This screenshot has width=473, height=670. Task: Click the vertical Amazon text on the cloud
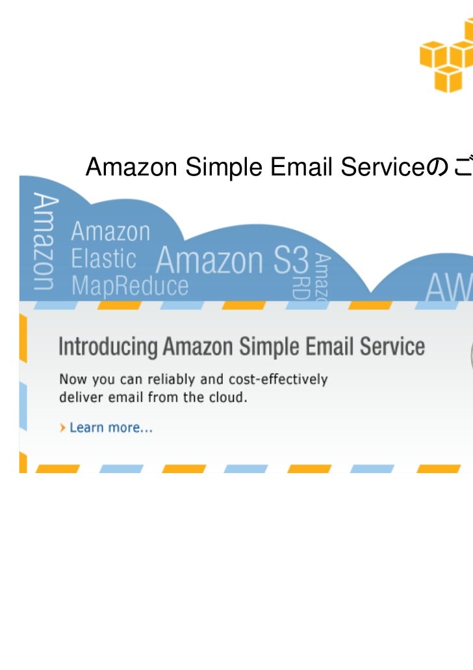tap(44, 241)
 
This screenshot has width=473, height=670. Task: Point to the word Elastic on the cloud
tap(103, 259)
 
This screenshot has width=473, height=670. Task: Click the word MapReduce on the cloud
tap(129, 286)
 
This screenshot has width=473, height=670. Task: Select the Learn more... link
tap(111, 428)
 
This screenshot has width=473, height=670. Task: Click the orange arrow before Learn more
tap(62, 428)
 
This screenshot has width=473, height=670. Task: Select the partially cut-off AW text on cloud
tap(449, 287)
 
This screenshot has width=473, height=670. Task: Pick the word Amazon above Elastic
tap(110, 232)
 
